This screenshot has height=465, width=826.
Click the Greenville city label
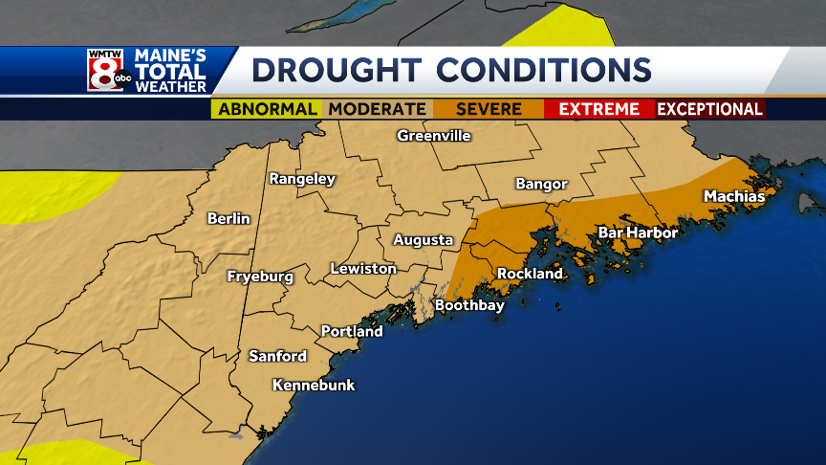434,136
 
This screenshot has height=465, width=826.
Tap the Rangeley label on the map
302,179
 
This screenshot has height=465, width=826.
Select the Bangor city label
541,184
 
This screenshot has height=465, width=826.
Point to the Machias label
734,196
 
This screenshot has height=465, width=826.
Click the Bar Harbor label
638,232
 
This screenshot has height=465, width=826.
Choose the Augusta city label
423,240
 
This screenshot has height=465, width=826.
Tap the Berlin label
228,219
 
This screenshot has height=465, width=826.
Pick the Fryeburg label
260,277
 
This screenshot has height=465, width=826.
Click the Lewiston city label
363,269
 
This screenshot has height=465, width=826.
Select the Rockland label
530,274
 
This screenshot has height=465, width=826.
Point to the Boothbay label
469,306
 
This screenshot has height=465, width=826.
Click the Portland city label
352,332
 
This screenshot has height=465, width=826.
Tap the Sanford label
277,356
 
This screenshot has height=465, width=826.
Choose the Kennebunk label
314,386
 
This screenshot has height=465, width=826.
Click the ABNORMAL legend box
268,109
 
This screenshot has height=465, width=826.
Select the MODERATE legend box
378,109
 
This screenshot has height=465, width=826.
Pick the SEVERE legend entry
489,109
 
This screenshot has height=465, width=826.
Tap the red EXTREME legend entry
598,109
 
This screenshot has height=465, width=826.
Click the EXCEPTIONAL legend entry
709,109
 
